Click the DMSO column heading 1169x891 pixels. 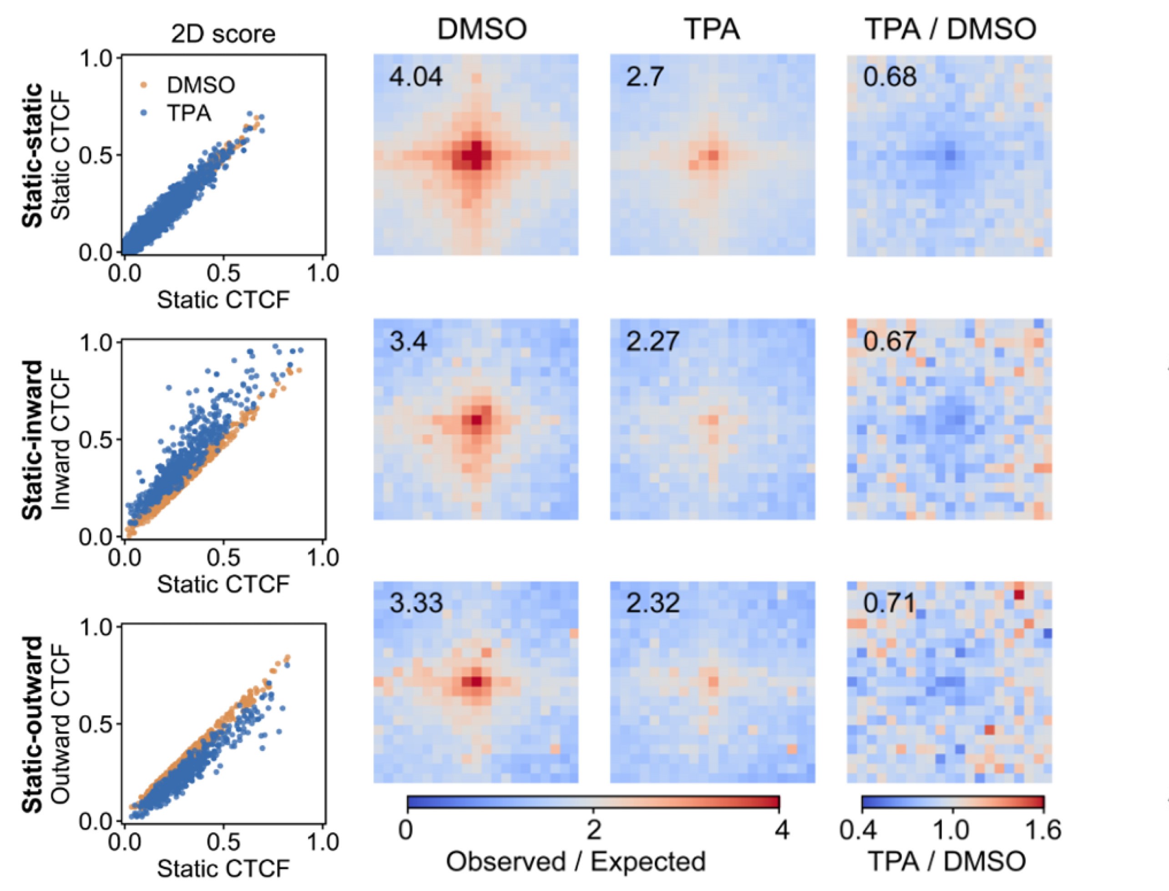(482, 29)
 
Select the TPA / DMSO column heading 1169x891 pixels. (951, 29)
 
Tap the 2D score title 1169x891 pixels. (223, 35)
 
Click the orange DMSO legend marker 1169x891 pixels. (143, 84)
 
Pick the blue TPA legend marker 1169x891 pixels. (143, 113)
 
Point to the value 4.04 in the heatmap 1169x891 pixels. (415, 77)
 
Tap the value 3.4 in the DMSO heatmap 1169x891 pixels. (408, 341)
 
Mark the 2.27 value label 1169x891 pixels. (652, 341)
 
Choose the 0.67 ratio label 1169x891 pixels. (889, 341)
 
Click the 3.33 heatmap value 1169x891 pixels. (415, 603)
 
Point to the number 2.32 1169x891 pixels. (653, 603)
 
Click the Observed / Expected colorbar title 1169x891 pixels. (576, 862)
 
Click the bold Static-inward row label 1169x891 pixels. (33, 440)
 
